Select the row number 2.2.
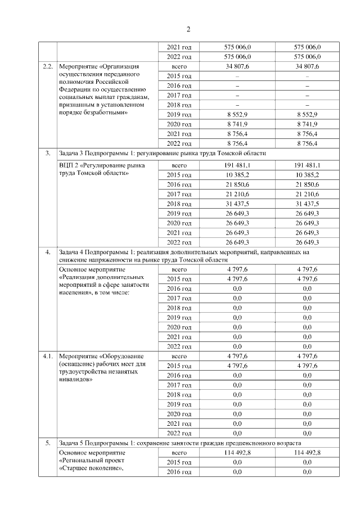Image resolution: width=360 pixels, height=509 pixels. (x=48, y=67)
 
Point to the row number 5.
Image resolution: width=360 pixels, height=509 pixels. (x=48, y=443)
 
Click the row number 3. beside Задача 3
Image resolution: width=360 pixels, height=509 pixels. (x=48, y=153)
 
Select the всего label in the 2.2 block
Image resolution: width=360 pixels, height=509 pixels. (x=179, y=67)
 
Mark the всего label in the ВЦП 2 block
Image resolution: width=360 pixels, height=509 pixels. (x=179, y=165)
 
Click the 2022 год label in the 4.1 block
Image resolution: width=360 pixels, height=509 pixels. (x=179, y=433)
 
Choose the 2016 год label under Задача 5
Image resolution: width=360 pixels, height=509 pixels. (x=179, y=472)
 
